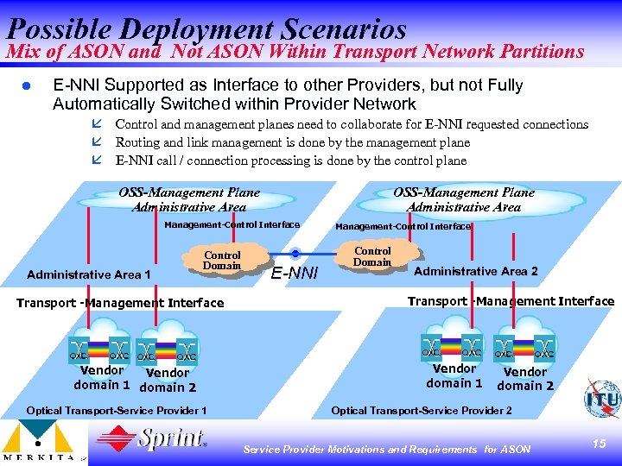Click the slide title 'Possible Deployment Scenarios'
point(206,28)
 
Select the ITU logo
point(601,400)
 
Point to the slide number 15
point(599,443)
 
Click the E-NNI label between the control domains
point(295,274)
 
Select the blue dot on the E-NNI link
point(295,253)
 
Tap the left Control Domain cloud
point(222,261)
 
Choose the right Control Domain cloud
point(372,256)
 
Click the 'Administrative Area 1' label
point(89,274)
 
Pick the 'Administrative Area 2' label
point(475,271)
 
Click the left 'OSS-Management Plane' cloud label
point(189,199)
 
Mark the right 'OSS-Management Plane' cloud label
point(464,199)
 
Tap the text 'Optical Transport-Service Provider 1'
point(117,411)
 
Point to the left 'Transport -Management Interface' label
point(121,303)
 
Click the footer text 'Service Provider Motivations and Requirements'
point(359,449)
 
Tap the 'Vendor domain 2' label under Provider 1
point(168,381)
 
